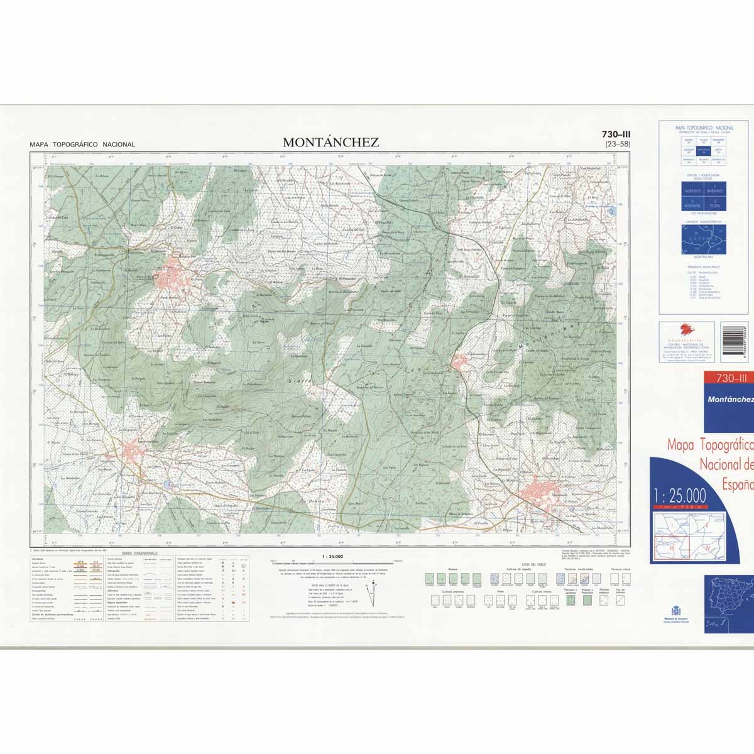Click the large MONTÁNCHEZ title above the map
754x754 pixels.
(x=331, y=142)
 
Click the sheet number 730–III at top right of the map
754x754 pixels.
(x=616, y=134)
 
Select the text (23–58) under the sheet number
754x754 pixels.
(x=617, y=145)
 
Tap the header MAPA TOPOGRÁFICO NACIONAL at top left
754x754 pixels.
(x=82, y=145)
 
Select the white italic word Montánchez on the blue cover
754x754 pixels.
(x=729, y=399)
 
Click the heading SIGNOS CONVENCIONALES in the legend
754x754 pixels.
(x=140, y=554)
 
